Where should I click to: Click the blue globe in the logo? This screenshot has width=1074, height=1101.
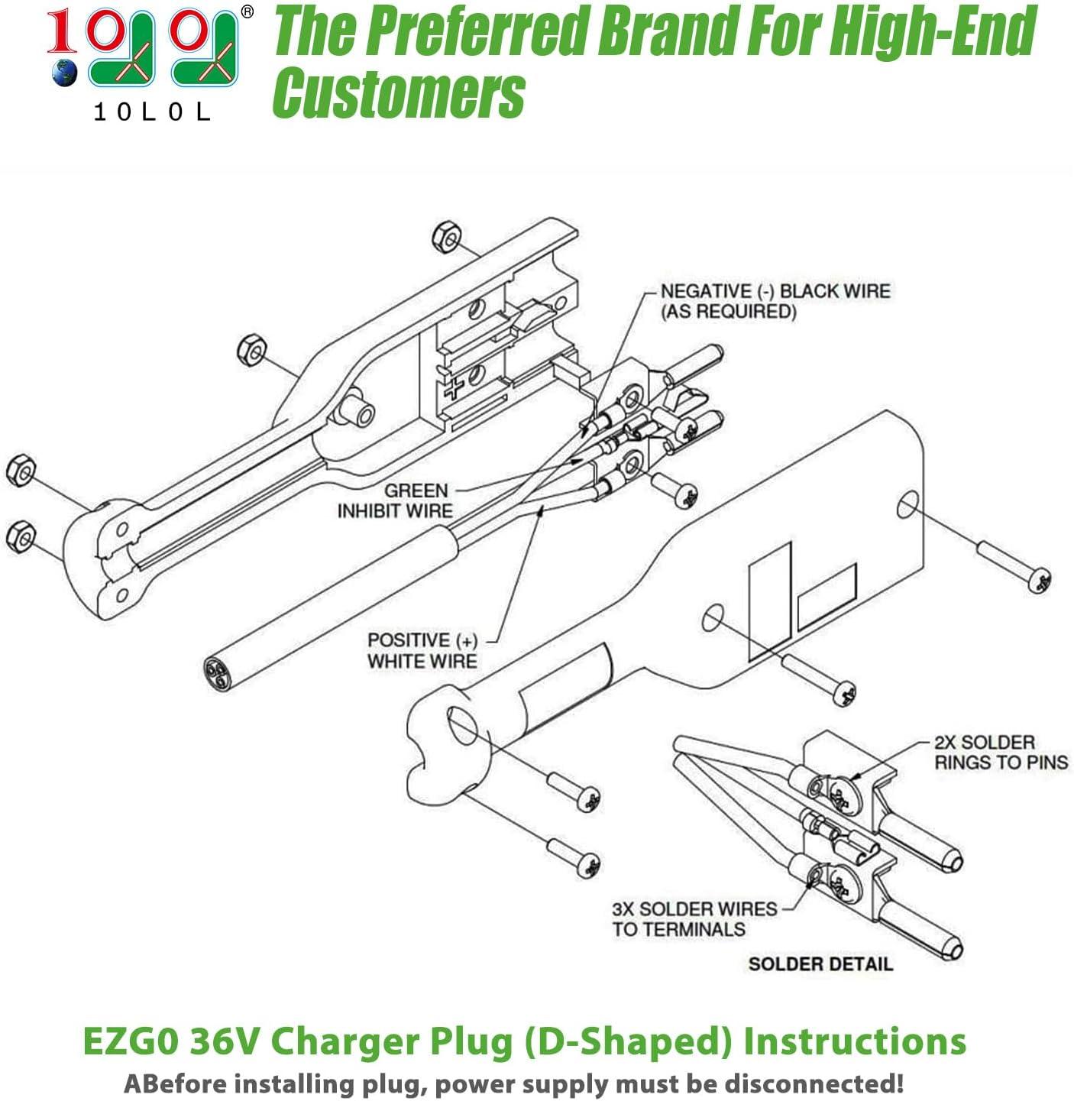(64, 73)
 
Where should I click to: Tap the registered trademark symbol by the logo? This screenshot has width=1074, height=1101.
(247, 11)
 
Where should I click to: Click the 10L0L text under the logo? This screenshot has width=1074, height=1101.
(151, 112)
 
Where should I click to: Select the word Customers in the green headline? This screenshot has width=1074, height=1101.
(400, 92)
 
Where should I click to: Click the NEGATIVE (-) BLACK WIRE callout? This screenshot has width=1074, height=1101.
(775, 302)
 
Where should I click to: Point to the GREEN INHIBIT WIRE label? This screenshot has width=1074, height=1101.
(396, 500)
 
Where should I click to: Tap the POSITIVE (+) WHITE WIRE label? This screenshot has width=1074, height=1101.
(422, 651)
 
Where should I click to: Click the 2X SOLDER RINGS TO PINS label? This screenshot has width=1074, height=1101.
(1001, 752)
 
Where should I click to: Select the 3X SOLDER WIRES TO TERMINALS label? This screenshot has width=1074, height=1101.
(694, 919)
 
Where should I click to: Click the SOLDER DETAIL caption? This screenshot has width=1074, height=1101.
(820, 964)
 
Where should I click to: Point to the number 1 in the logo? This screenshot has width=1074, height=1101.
(62, 31)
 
